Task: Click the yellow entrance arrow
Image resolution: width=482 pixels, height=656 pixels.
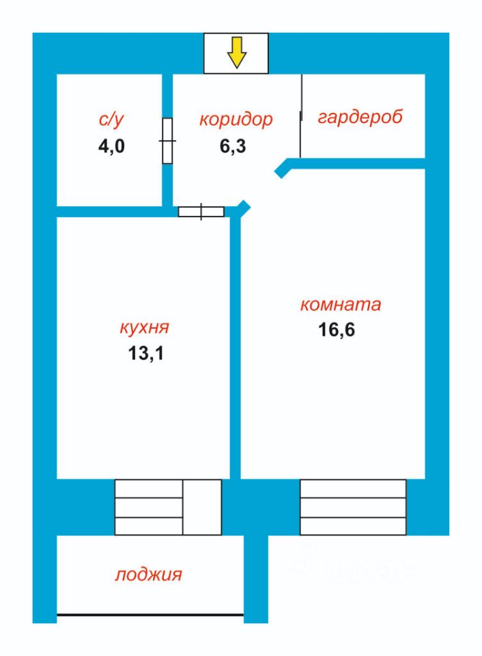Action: pos(236,53)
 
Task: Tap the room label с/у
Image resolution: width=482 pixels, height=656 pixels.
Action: pos(111,120)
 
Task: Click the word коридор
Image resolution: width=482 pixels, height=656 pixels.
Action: pos(236,119)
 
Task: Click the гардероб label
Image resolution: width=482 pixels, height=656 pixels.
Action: pos(360,116)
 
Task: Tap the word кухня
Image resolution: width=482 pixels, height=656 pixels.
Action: pos(142,327)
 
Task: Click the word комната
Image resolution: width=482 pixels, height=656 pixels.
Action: pos(341,304)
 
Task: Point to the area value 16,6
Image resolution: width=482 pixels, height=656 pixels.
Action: pos(337,330)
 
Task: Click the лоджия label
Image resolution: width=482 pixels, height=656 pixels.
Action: pos(148,574)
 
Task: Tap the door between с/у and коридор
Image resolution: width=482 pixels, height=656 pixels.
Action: pos(167,141)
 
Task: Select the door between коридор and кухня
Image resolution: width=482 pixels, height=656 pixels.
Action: pos(201,211)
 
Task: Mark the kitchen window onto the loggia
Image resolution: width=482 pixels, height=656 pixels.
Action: pos(168,507)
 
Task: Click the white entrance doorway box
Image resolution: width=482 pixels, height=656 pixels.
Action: pos(236,53)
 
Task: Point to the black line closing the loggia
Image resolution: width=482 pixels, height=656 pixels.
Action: pos(150,616)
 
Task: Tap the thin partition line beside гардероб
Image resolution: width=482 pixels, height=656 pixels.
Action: pos(301,116)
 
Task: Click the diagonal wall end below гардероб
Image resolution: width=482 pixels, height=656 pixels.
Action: pos(281,169)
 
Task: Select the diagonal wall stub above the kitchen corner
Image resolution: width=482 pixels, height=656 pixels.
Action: pos(243,208)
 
